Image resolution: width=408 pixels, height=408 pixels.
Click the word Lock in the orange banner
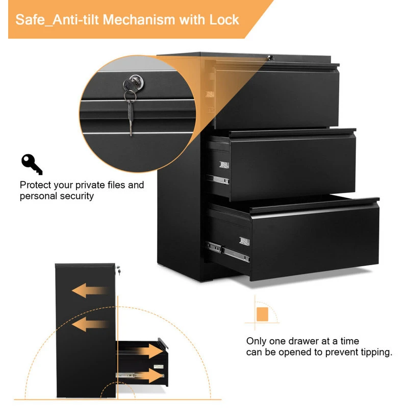(224, 20)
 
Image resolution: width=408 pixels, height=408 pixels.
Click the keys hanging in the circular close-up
(131, 110)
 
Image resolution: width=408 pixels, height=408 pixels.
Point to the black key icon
(32, 164)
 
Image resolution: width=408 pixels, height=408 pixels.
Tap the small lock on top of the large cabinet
(271, 58)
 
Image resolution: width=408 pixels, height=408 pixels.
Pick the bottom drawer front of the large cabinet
(314, 240)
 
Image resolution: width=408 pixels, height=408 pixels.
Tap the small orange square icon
(262, 314)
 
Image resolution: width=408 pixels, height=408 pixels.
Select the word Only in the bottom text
(257, 341)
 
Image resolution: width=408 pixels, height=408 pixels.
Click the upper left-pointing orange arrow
(90, 291)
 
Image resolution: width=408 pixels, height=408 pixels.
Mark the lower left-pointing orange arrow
(90, 324)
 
